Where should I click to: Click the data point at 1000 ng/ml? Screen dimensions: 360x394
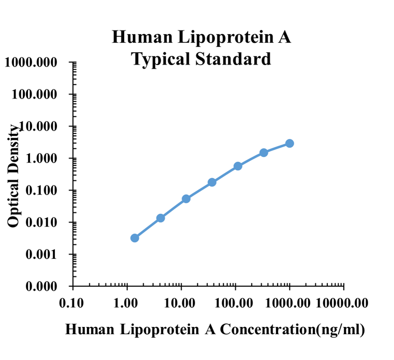pos(290,143)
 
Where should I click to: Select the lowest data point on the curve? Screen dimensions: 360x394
pos(134,238)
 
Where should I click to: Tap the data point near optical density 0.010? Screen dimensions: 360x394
pos(160,218)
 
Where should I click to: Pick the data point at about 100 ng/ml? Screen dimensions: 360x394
pos(238,166)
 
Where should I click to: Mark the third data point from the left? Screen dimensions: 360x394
pos(186,199)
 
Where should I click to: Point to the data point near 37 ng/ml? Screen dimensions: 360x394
pos(212,182)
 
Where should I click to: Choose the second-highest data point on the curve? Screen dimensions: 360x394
pos(264,152)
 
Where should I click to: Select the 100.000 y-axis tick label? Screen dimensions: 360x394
pos(37,95)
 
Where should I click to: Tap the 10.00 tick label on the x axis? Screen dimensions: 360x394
pos(181,303)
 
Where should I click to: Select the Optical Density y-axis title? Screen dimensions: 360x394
pos(14,176)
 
